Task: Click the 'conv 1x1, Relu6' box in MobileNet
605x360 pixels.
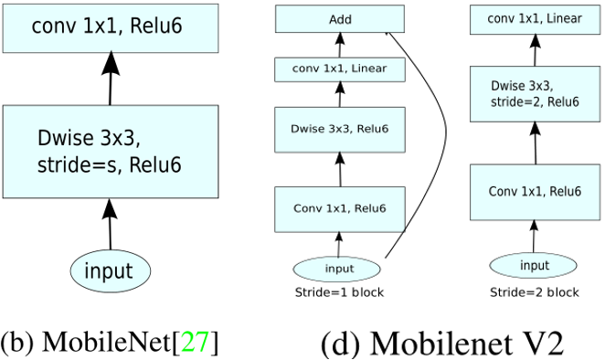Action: pyautogui.click(x=110, y=27)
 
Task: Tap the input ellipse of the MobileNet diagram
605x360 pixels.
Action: pyautogui.click(x=110, y=270)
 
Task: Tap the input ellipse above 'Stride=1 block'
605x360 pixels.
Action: pyautogui.click(x=339, y=269)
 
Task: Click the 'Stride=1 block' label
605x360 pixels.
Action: pyautogui.click(x=339, y=293)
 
